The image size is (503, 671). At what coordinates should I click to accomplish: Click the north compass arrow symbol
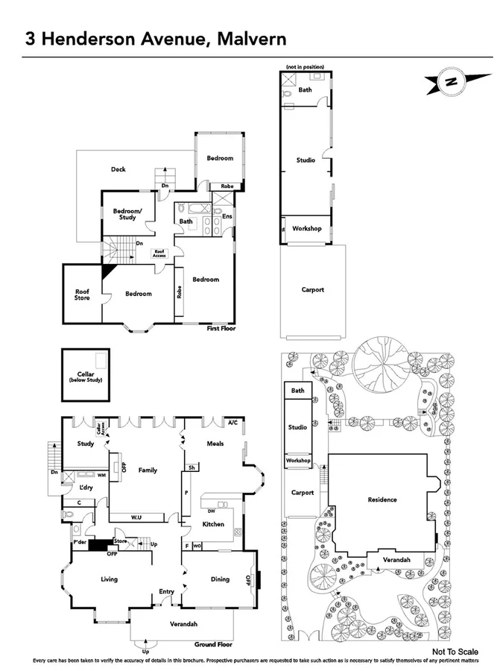click(x=451, y=81)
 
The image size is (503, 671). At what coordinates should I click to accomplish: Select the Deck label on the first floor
click(x=118, y=169)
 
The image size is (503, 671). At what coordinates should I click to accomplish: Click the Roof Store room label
click(x=82, y=294)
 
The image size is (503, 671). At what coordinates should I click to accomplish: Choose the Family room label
click(x=148, y=470)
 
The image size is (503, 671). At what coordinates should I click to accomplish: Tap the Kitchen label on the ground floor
click(x=214, y=524)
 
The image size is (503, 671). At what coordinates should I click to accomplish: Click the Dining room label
click(x=220, y=579)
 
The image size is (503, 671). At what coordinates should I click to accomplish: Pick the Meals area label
click(x=215, y=444)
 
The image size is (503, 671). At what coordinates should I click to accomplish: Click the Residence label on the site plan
click(x=382, y=500)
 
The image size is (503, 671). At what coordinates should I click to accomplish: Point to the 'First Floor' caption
click(x=221, y=328)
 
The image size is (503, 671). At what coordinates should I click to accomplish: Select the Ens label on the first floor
click(x=228, y=216)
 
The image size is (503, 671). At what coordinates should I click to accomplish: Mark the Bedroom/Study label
click(x=127, y=215)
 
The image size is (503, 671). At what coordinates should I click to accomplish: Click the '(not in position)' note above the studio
click(x=306, y=68)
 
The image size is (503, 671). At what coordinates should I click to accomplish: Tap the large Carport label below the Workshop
click(x=313, y=290)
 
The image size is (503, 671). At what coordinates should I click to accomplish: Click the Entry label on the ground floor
click(x=166, y=592)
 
